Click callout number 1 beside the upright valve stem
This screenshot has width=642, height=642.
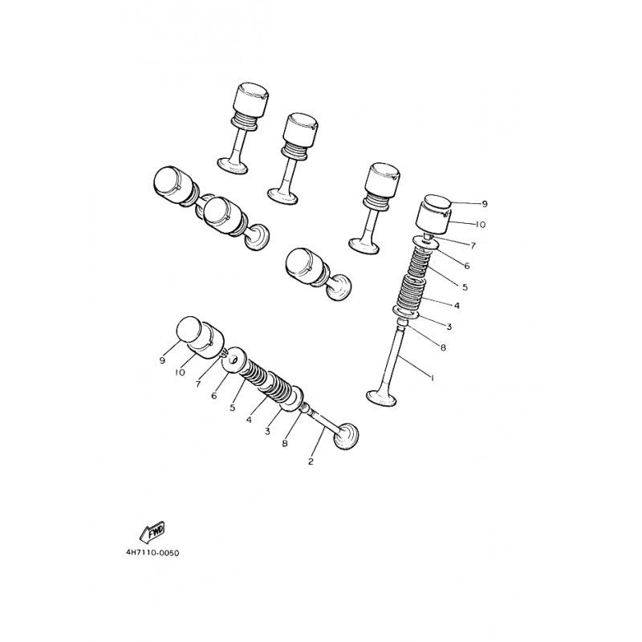pos(432,377)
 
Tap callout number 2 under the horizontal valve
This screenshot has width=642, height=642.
pos(311,461)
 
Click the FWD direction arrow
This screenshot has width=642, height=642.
pos(152,532)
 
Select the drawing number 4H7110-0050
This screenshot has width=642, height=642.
pos(152,553)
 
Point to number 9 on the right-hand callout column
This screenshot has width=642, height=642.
pos(485,204)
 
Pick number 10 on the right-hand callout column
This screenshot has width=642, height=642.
pos(480,225)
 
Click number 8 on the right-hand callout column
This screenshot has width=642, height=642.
pos(443,347)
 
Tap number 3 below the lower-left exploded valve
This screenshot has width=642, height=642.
pos(267,431)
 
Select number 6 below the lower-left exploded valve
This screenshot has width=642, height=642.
pos(213,396)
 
